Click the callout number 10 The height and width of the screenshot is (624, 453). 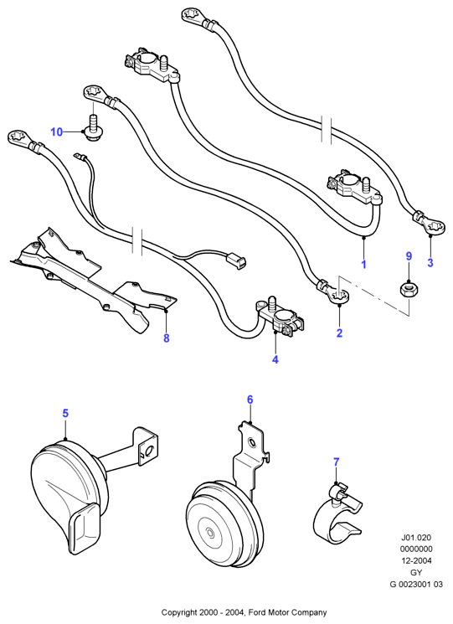pyautogui.click(x=56, y=132)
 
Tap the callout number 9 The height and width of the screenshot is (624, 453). pyautogui.click(x=409, y=256)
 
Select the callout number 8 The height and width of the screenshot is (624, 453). pyautogui.click(x=167, y=338)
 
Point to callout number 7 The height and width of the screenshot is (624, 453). pyautogui.click(x=337, y=462)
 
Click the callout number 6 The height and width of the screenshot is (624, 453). pyautogui.click(x=250, y=400)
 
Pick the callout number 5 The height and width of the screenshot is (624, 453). pyautogui.click(x=65, y=413)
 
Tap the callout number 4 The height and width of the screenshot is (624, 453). pyautogui.click(x=275, y=359)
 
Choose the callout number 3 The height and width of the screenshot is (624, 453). pyautogui.click(x=430, y=262)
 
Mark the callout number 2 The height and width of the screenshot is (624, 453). pyautogui.click(x=339, y=333)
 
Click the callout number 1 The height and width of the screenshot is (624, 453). pyautogui.click(x=363, y=264)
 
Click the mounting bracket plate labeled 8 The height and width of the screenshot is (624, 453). pyautogui.click(x=94, y=281)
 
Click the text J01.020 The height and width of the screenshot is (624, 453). pyautogui.click(x=415, y=537)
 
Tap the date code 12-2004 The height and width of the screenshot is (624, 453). pyautogui.click(x=415, y=560)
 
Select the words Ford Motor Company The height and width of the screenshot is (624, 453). pyautogui.click(x=287, y=612)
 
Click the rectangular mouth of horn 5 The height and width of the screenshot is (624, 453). pyautogui.click(x=85, y=527)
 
